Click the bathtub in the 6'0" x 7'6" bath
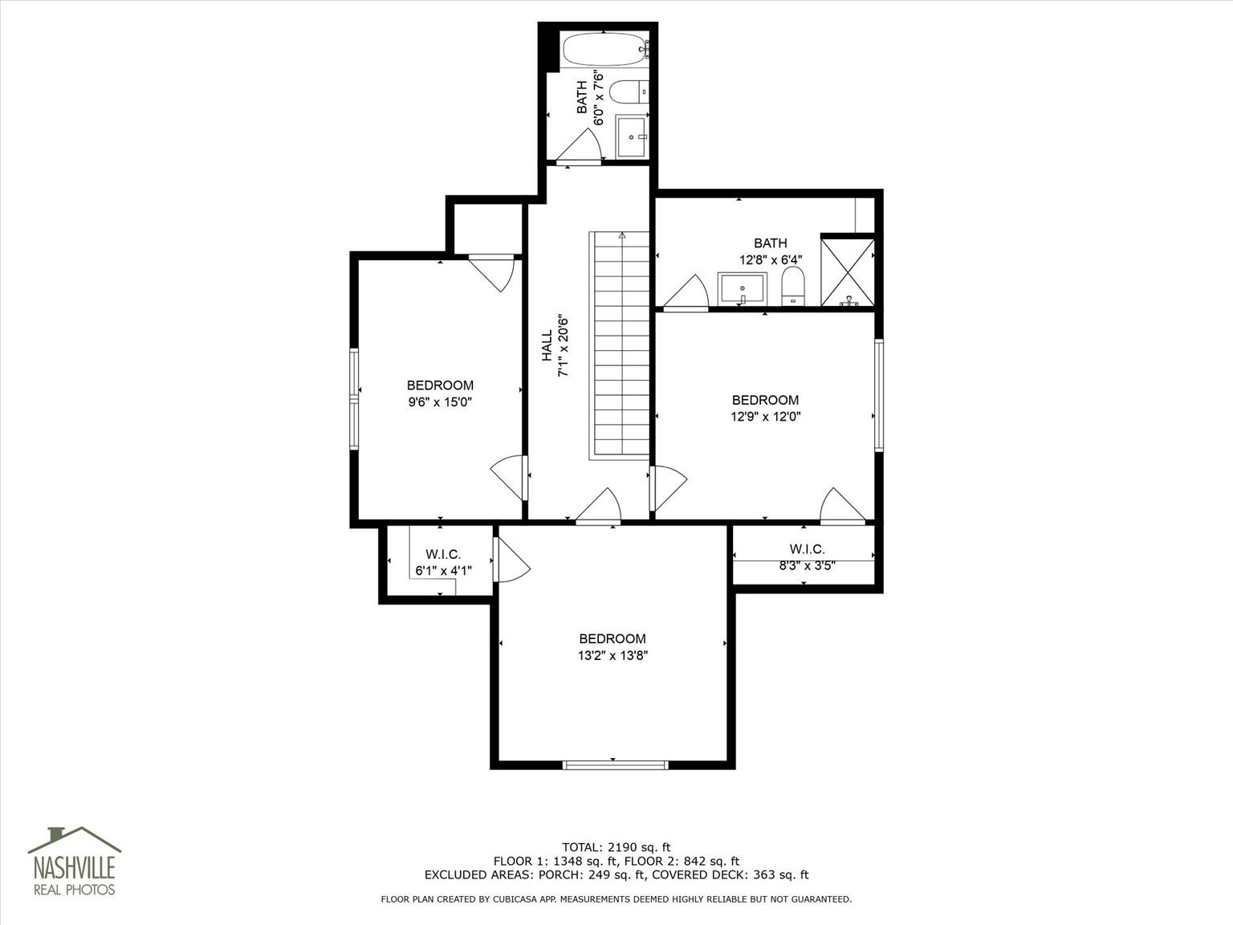click(605, 50)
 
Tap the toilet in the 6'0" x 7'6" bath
click(629, 92)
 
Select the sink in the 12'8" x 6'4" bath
click(742, 289)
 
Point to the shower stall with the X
click(848, 272)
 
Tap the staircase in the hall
click(620, 345)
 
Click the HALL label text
click(547, 345)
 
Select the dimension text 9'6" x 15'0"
click(440, 402)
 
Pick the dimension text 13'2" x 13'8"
click(612, 655)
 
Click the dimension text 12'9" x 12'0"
click(765, 417)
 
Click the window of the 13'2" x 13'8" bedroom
click(616, 764)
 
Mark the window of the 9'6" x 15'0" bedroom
click(354, 399)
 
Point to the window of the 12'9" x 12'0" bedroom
click(879, 395)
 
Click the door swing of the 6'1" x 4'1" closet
click(512, 560)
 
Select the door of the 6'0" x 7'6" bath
click(579, 146)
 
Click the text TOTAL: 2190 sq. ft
click(616, 847)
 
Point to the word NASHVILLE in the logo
click(75, 867)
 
